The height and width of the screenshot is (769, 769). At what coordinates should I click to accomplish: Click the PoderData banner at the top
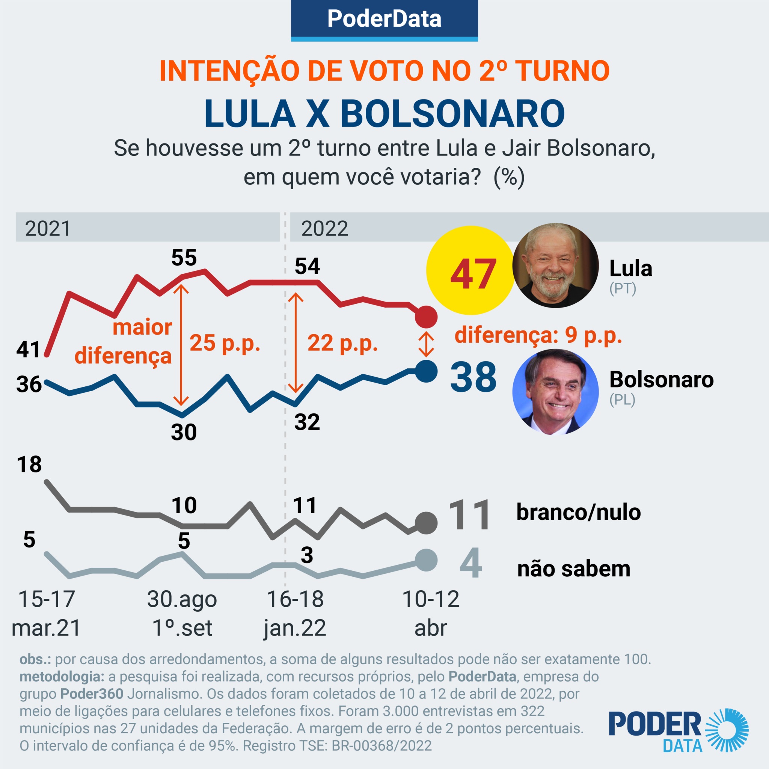click(x=384, y=19)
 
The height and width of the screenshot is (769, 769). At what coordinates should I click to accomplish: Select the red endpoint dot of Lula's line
click(x=426, y=317)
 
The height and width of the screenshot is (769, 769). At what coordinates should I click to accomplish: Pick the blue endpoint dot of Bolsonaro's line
click(x=426, y=371)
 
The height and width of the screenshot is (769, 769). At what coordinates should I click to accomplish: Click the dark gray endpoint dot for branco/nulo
click(x=426, y=523)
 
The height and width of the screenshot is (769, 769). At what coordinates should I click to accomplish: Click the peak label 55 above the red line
click(x=184, y=258)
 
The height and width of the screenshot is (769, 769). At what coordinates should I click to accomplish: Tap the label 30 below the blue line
click(x=184, y=432)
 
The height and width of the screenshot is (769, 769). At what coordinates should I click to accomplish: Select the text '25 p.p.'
click(x=225, y=343)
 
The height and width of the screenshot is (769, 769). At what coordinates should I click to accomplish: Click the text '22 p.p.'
click(x=343, y=343)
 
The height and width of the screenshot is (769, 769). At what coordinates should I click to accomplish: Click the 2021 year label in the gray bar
click(x=48, y=228)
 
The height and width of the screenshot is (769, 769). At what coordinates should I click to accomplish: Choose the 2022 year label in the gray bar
click(x=324, y=228)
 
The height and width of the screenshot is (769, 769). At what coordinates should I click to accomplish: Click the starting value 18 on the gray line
click(x=29, y=464)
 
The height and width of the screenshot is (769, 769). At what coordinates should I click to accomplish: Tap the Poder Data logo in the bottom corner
click(x=679, y=730)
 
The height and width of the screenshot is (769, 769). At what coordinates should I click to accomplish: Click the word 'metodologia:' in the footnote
click(x=62, y=676)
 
